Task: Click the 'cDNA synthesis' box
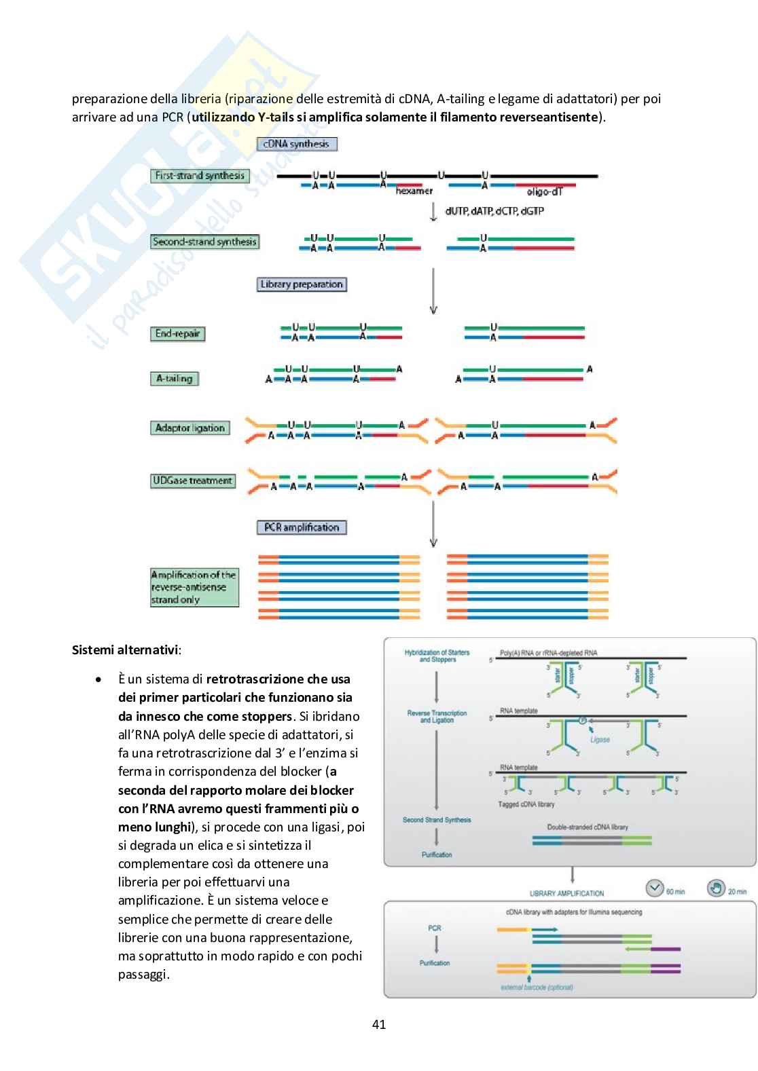click(x=296, y=144)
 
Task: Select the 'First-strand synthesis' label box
click(x=200, y=176)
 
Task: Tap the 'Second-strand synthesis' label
click(x=204, y=242)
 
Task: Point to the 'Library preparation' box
click(x=301, y=284)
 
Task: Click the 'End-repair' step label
click(x=177, y=334)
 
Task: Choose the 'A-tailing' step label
click(x=174, y=379)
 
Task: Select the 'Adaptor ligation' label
click(x=189, y=428)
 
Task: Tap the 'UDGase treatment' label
click(x=193, y=481)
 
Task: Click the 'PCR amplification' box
click(x=302, y=527)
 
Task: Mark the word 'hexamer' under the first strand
click(x=414, y=191)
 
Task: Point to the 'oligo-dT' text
click(x=544, y=191)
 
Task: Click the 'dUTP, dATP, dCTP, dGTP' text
click(x=494, y=211)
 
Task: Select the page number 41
click(x=379, y=1025)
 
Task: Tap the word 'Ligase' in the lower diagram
click(x=600, y=740)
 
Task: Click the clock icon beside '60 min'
click(x=654, y=888)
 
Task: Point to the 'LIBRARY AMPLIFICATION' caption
click(x=566, y=893)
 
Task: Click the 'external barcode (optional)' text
click(x=537, y=988)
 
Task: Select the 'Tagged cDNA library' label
click(x=526, y=804)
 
